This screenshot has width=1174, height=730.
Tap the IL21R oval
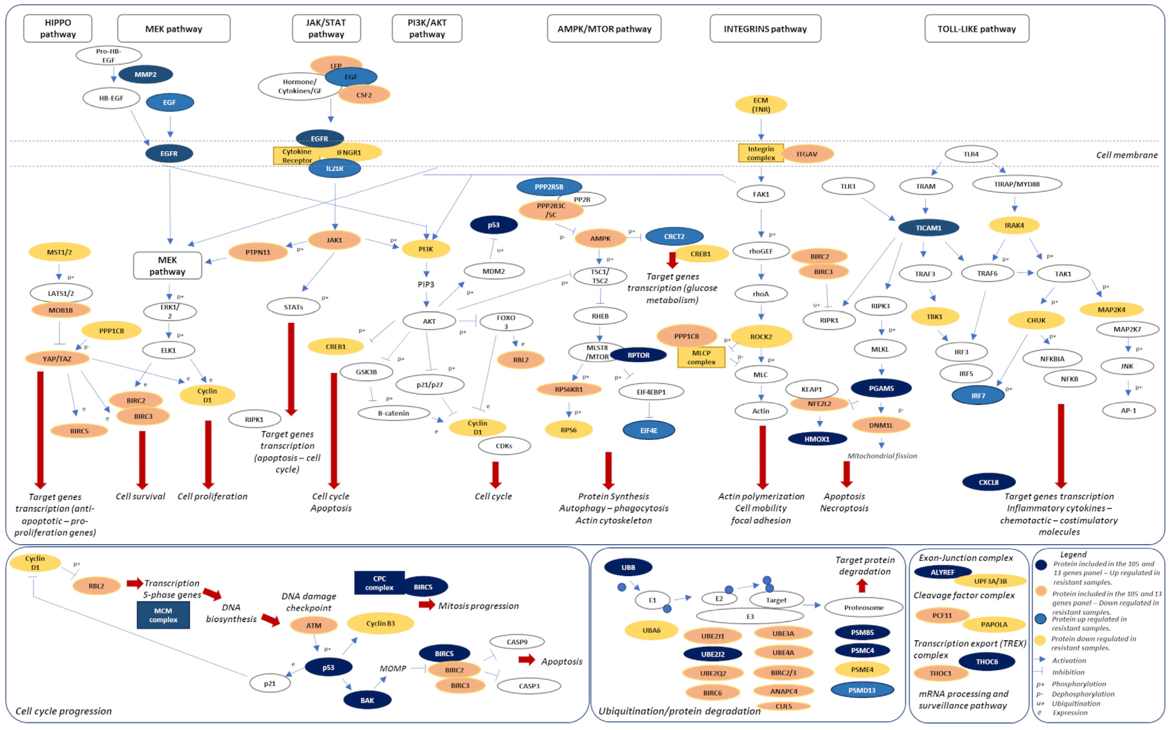tap(334, 168)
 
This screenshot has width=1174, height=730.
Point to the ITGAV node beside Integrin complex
tap(807, 154)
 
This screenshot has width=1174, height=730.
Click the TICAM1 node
tap(928, 228)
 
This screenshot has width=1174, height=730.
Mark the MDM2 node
tap(494, 271)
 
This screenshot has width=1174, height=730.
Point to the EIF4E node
tap(649, 430)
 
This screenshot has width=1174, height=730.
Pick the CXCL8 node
tap(989, 482)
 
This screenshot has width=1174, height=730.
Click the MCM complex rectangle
tap(163, 615)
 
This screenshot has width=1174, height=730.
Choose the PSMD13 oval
tap(862, 690)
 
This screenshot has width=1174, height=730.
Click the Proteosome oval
tap(864, 607)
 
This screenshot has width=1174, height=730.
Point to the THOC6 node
tap(987, 662)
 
